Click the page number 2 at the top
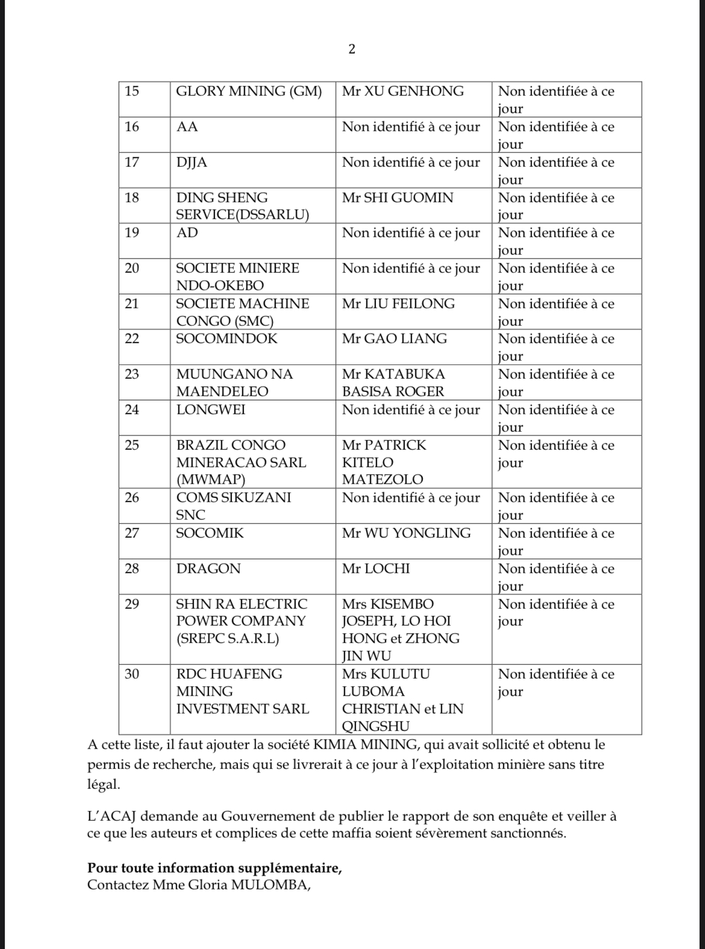[x=352, y=49]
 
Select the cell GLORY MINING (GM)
[x=248, y=92]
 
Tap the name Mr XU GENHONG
[x=403, y=92]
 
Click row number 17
[x=131, y=162]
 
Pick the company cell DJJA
[x=192, y=162]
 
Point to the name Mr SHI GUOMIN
[x=397, y=198]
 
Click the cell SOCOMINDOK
[x=227, y=338]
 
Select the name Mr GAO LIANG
[x=394, y=338]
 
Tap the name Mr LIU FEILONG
[x=398, y=303]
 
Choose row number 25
[x=131, y=445]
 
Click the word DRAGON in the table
[x=208, y=568]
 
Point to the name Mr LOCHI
[x=375, y=568]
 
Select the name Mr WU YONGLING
[x=406, y=533]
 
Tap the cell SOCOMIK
[x=210, y=533]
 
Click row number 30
[x=131, y=674]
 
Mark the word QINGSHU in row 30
[x=375, y=726]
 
